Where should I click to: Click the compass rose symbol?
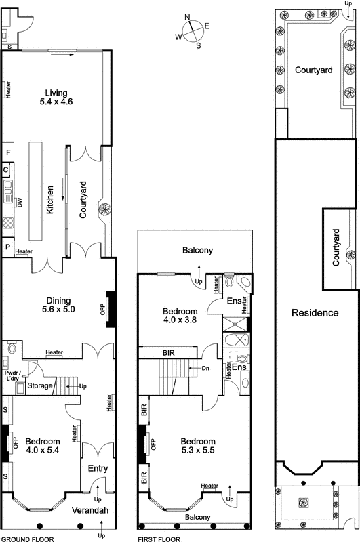[193, 30]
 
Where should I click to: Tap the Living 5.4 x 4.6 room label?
[58, 98]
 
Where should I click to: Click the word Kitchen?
[49, 201]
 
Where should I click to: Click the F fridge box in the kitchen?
[5, 152]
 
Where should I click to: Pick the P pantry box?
[5, 247]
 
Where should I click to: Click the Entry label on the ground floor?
[98, 468]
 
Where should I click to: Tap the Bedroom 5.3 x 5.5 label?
[198, 444]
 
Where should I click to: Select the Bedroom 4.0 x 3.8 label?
[180, 316]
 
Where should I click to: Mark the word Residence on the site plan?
[315, 313]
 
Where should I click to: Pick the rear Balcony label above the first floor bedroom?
[198, 251]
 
